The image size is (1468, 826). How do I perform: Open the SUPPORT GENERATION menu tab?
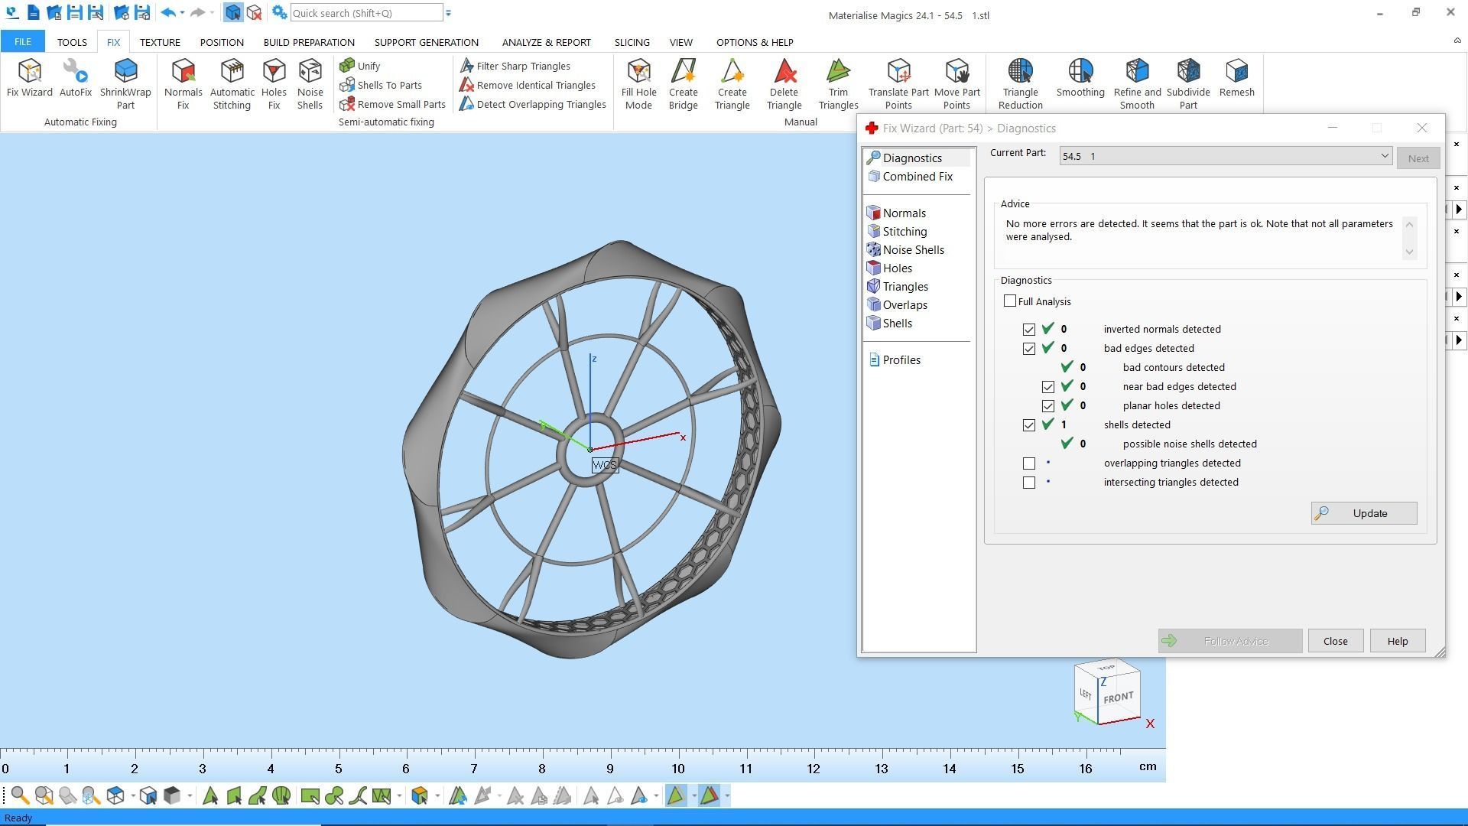426,42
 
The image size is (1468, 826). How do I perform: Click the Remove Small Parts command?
393,104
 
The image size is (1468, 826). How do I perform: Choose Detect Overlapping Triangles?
533,104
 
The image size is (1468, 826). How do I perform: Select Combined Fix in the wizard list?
917,177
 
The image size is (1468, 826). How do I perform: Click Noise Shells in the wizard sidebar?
912,250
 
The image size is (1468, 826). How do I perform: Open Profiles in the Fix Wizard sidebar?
901,360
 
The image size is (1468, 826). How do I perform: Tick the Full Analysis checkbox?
1010,301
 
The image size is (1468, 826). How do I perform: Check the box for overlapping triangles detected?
1029,463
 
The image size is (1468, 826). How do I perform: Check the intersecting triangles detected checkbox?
1029,483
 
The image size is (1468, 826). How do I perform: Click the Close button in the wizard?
1335,641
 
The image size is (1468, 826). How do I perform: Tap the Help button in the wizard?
1397,641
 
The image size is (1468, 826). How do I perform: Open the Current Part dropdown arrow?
1384,156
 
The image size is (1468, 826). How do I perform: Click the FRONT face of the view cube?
1119,698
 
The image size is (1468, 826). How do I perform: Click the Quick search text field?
365,13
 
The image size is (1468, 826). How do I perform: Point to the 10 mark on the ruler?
678,768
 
